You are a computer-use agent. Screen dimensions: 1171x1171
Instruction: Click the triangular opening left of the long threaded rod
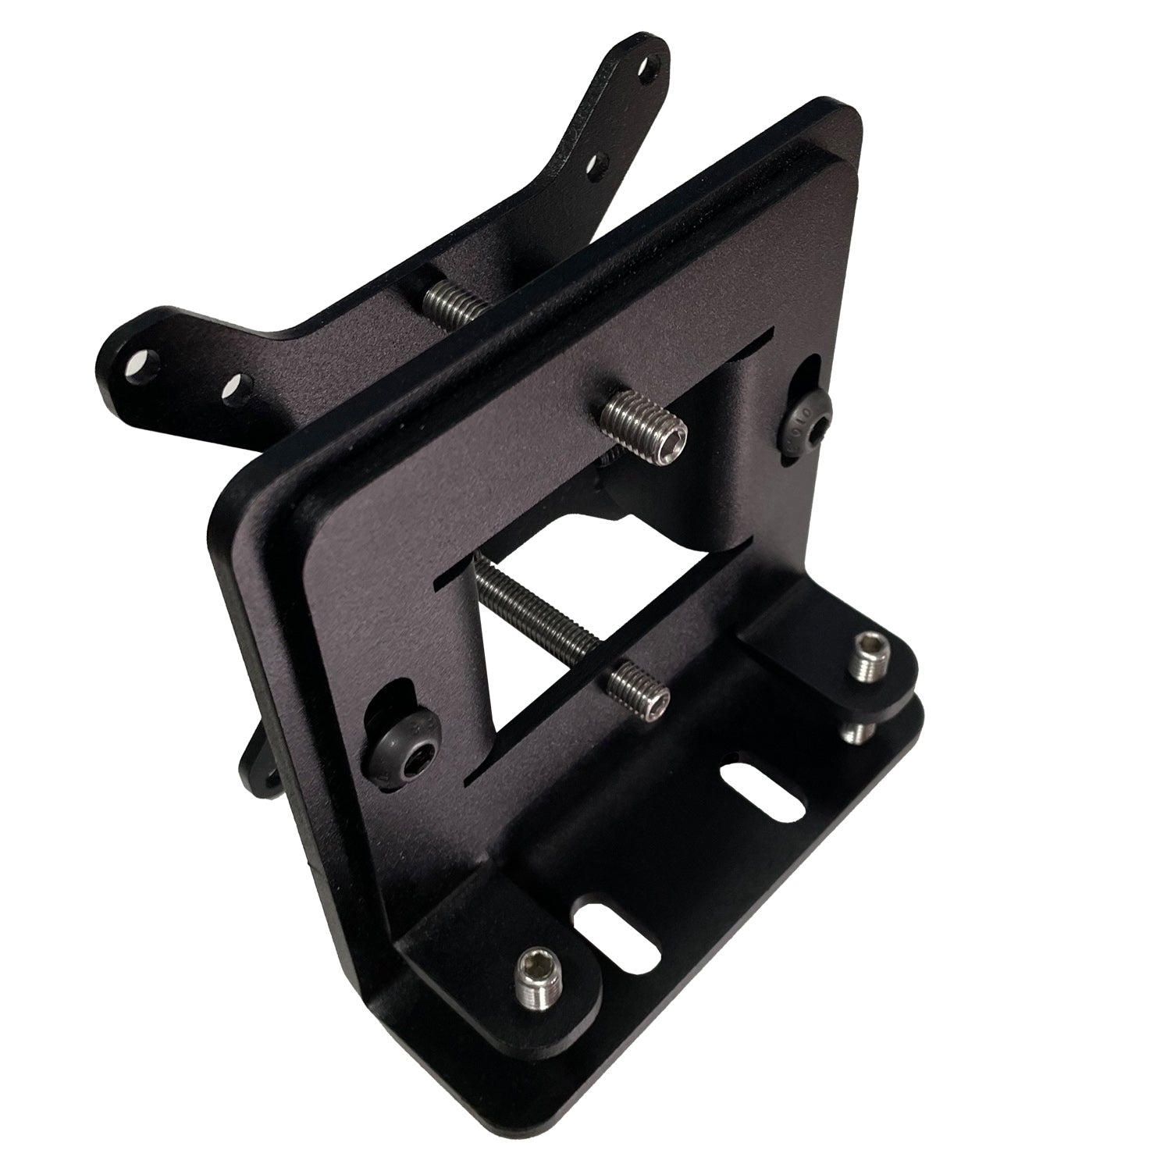[x=500, y=671]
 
